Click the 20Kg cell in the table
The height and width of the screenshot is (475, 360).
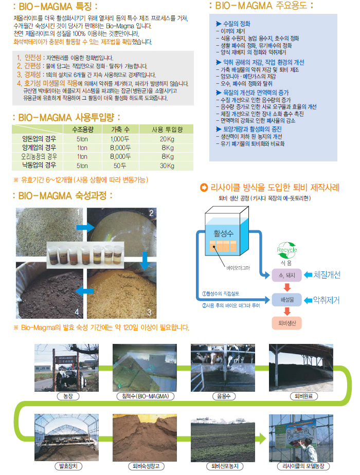click(x=167, y=139)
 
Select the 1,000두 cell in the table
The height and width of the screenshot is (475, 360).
click(x=120, y=139)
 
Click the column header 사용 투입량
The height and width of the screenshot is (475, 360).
click(x=167, y=130)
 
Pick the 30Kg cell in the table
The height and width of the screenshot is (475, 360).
click(x=167, y=166)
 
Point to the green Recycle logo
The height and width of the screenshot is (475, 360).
click(x=286, y=249)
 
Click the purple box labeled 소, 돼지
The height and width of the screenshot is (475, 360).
click(x=286, y=275)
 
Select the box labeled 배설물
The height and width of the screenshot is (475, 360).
click(x=286, y=300)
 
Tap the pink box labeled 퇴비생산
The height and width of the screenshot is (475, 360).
click(x=286, y=323)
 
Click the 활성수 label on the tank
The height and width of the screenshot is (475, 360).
click(x=224, y=233)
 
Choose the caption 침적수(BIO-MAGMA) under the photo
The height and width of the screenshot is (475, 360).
click(x=146, y=396)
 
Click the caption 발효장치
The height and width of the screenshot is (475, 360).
click(x=68, y=466)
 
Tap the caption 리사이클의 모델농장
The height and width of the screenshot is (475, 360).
click(x=303, y=466)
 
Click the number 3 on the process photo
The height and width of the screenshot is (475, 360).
click(x=149, y=313)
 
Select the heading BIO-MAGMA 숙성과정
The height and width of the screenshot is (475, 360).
click(x=62, y=196)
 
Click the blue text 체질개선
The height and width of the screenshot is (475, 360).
click(x=327, y=275)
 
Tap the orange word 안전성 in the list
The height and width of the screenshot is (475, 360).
click(x=33, y=58)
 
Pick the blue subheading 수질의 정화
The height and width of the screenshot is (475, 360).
click(x=237, y=24)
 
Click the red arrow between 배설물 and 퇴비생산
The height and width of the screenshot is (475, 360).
click(x=287, y=311)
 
